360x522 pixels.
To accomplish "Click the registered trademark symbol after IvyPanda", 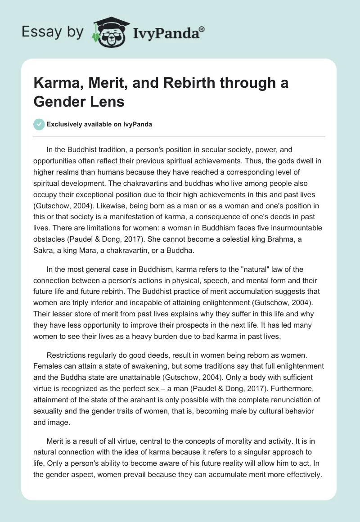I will (x=202, y=29).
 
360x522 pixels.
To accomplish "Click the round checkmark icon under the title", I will (x=39, y=124).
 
